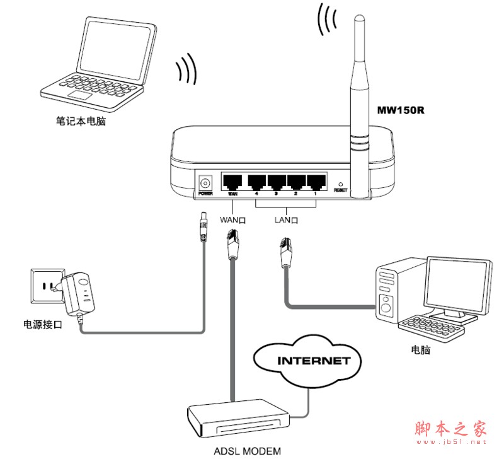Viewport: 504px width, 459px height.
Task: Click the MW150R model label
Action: (401, 110)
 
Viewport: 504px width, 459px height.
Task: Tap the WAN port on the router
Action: (232, 182)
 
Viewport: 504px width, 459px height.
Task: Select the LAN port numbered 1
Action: (315, 182)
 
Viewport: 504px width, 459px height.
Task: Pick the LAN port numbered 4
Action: (256, 182)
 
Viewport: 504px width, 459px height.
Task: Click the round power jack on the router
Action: (205, 182)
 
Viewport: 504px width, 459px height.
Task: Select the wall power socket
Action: (44, 288)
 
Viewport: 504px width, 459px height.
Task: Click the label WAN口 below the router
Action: (232, 220)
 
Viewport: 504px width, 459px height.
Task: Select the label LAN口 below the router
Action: (286, 220)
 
